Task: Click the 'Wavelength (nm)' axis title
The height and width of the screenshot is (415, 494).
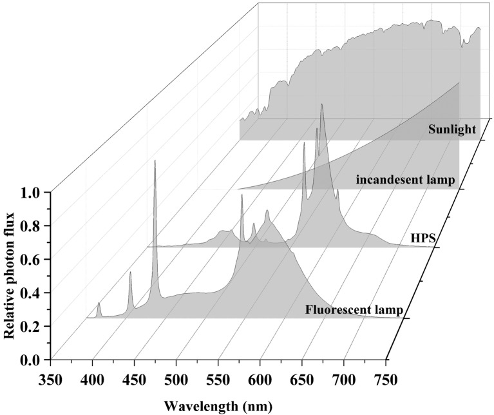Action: coord(218,407)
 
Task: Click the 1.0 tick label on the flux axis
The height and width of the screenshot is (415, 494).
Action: coord(33,192)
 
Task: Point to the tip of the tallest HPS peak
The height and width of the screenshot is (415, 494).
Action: coord(321,103)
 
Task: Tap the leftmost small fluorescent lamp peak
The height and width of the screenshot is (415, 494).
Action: coord(99,303)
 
